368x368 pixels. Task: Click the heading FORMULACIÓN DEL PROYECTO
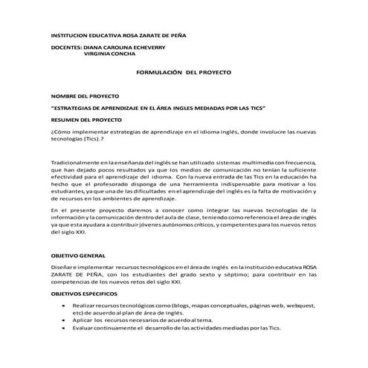[185, 74]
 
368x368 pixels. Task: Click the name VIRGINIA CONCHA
[110, 54]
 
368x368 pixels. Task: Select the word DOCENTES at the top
[65, 47]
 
